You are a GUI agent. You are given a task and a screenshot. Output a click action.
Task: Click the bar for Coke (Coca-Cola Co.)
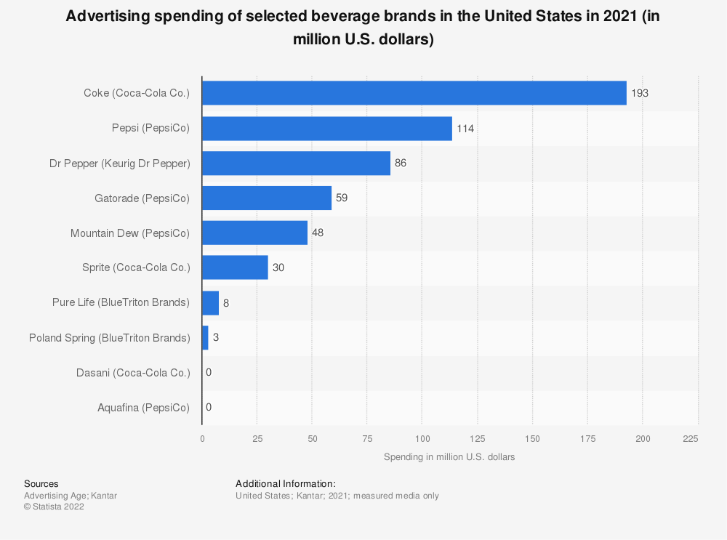(x=414, y=93)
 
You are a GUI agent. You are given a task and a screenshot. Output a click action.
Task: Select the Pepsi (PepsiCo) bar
(x=327, y=128)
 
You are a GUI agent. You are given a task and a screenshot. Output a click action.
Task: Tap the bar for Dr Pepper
(x=296, y=163)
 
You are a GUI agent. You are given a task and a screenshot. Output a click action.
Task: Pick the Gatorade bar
(x=267, y=198)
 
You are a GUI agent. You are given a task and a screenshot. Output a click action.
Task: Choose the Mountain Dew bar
(x=254, y=233)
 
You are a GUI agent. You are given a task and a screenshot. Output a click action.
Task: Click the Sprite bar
(x=235, y=267)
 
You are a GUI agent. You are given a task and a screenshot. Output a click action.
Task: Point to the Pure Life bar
(x=210, y=302)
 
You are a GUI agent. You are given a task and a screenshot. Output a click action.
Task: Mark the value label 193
(x=640, y=93)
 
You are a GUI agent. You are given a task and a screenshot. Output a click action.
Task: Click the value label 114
(x=465, y=128)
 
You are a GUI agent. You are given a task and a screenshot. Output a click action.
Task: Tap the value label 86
(x=401, y=163)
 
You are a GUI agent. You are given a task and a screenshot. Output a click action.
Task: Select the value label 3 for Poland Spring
(x=216, y=337)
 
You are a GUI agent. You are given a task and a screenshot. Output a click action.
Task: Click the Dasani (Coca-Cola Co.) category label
(x=133, y=372)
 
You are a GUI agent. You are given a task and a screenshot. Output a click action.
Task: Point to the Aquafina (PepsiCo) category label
(x=143, y=407)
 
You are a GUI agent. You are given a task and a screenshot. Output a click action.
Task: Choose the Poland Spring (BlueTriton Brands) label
(x=109, y=337)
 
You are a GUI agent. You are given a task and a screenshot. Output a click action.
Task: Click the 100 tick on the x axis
(x=422, y=438)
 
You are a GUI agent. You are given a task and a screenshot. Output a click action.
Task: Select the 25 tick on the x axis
(x=257, y=438)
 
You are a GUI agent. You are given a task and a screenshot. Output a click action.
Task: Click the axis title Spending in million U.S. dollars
(x=449, y=456)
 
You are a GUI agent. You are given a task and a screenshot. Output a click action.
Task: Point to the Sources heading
(x=41, y=483)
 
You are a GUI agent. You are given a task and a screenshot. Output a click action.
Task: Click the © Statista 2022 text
(x=54, y=507)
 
